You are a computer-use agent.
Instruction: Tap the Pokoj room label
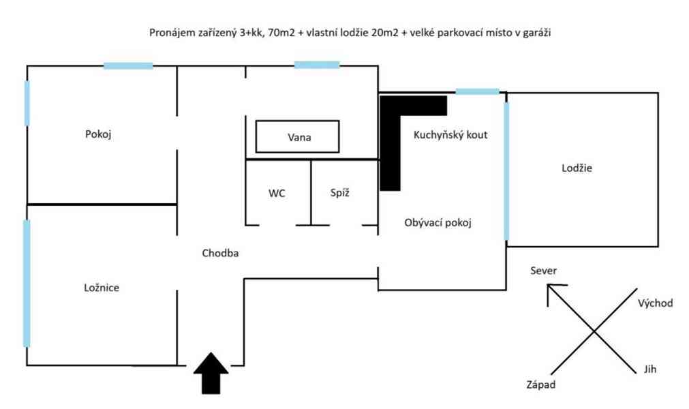point(98,134)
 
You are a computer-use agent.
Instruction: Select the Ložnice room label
point(100,288)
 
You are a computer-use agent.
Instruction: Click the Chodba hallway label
point(220,253)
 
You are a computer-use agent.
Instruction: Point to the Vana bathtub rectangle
point(297,137)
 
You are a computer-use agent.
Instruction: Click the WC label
point(277,193)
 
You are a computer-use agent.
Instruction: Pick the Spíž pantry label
point(340,193)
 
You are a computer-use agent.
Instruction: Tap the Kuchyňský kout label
point(450,135)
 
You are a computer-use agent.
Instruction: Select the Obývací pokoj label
point(438,222)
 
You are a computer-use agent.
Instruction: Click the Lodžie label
point(577,168)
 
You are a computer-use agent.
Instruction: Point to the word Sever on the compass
point(543,271)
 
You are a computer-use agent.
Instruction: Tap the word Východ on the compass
point(654,303)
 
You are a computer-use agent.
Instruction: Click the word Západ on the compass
point(540,384)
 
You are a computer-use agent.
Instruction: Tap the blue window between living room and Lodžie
point(506,170)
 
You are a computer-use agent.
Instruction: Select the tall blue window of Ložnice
point(27,283)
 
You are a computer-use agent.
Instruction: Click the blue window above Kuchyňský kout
point(477,91)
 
